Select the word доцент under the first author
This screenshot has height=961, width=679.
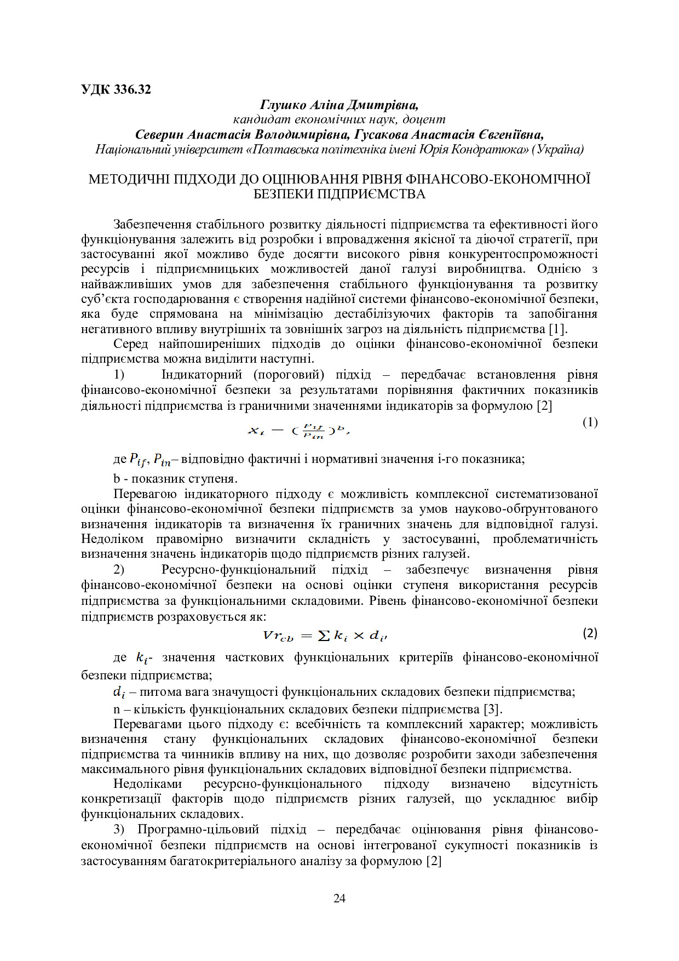coord(423,119)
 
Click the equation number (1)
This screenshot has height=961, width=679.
coord(590,422)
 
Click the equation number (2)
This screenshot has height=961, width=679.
coord(590,633)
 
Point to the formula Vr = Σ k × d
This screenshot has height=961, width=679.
coord(325,635)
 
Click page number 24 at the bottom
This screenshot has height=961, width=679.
coord(339,898)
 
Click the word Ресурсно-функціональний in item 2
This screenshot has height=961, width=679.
coord(239,570)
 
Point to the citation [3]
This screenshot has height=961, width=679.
coord(492,710)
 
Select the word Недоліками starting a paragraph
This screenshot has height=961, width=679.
coord(147,784)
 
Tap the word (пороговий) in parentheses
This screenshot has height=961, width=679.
coord(289,375)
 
